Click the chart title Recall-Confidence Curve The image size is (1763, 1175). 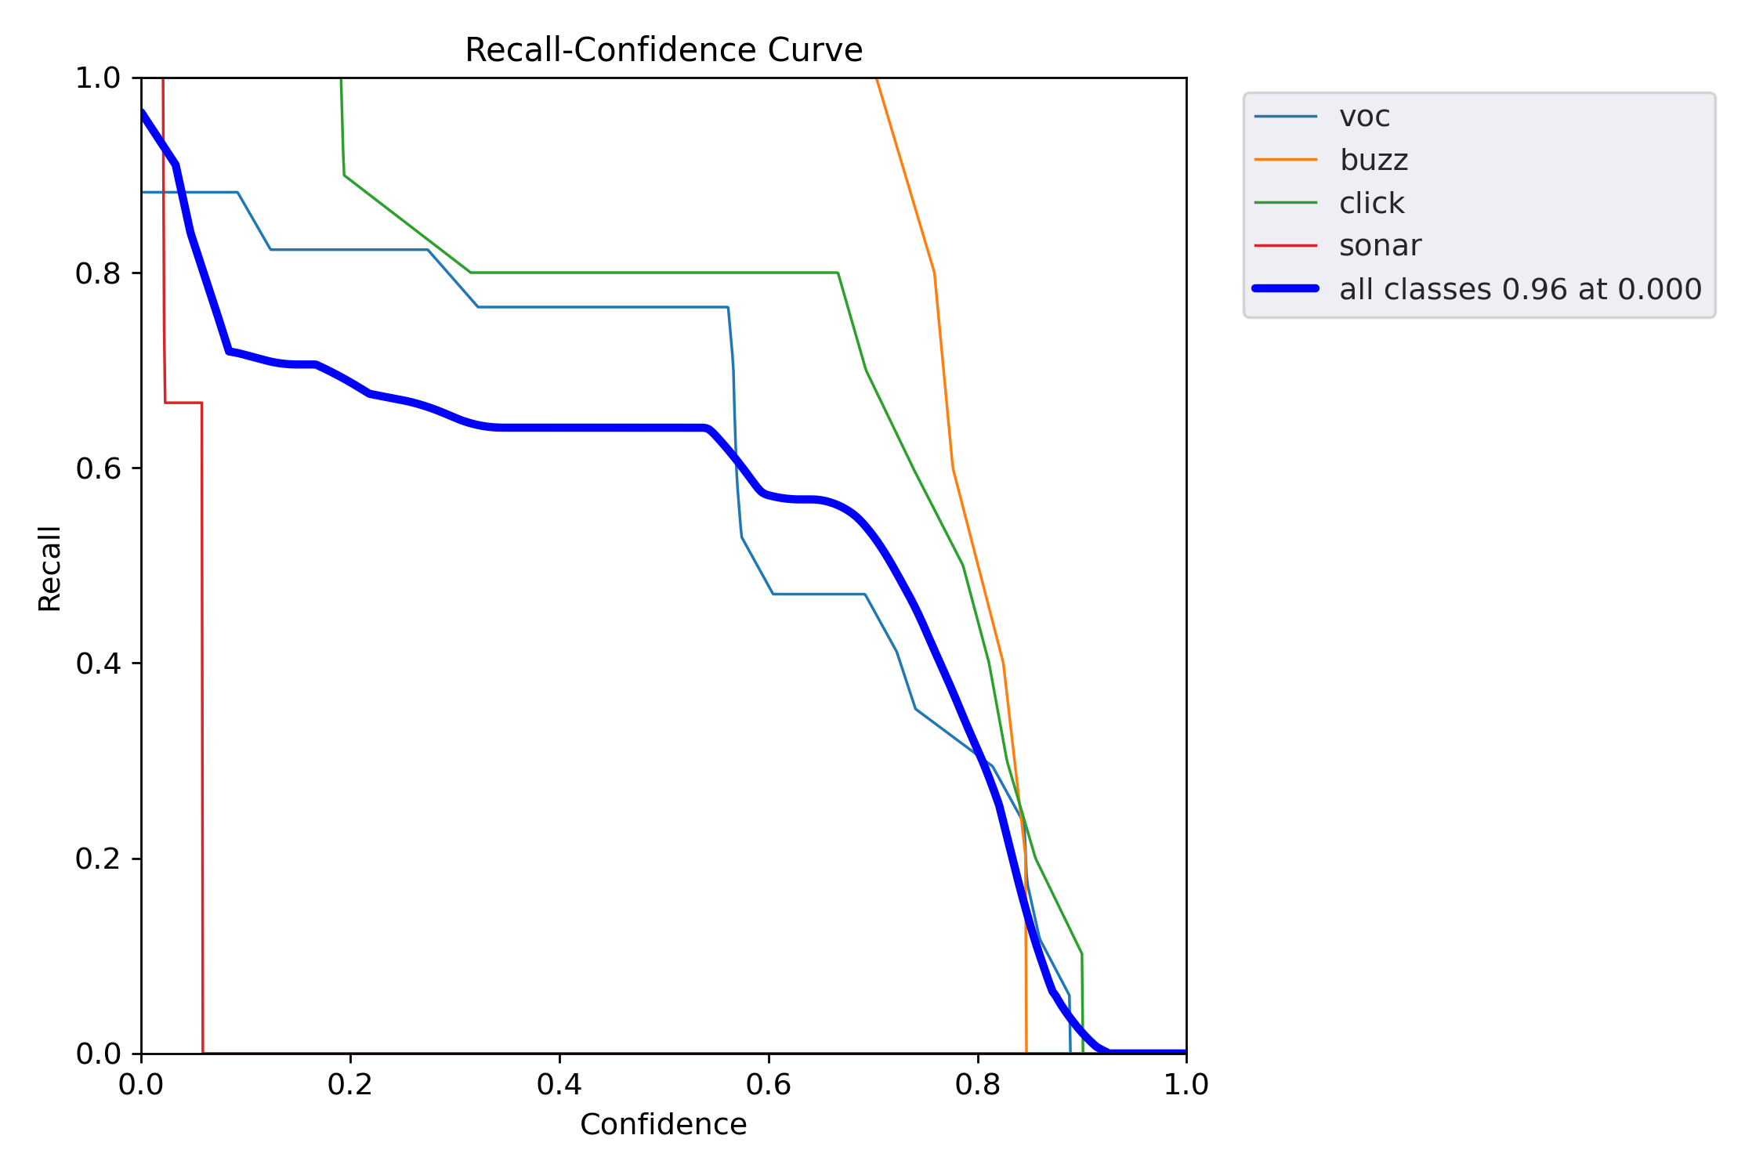coord(663,50)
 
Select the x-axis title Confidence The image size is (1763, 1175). coord(663,1125)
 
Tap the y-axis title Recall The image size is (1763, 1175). coord(49,569)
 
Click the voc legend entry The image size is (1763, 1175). coord(1364,117)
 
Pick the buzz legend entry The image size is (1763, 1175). coord(1374,160)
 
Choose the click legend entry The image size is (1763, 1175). coord(1371,203)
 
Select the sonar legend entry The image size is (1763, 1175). coord(1380,246)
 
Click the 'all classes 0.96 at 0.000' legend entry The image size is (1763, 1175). coord(1519,289)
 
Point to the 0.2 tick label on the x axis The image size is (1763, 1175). coord(350,1084)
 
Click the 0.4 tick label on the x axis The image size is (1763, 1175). coord(559,1084)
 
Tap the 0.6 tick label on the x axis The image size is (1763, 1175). coord(769,1084)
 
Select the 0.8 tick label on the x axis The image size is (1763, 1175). coord(978,1084)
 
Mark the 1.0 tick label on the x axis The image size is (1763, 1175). coord(1186,1084)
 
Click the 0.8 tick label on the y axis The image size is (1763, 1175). coord(97,273)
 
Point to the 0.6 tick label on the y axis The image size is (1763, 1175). coord(97,468)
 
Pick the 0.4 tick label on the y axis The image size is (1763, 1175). coord(97,663)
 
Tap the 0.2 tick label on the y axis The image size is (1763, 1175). coord(97,859)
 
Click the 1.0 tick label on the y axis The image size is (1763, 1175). coord(97,78)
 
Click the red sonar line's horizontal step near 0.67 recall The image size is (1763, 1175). coord(183,403)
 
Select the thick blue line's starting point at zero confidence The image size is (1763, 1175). coord(143,112)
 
